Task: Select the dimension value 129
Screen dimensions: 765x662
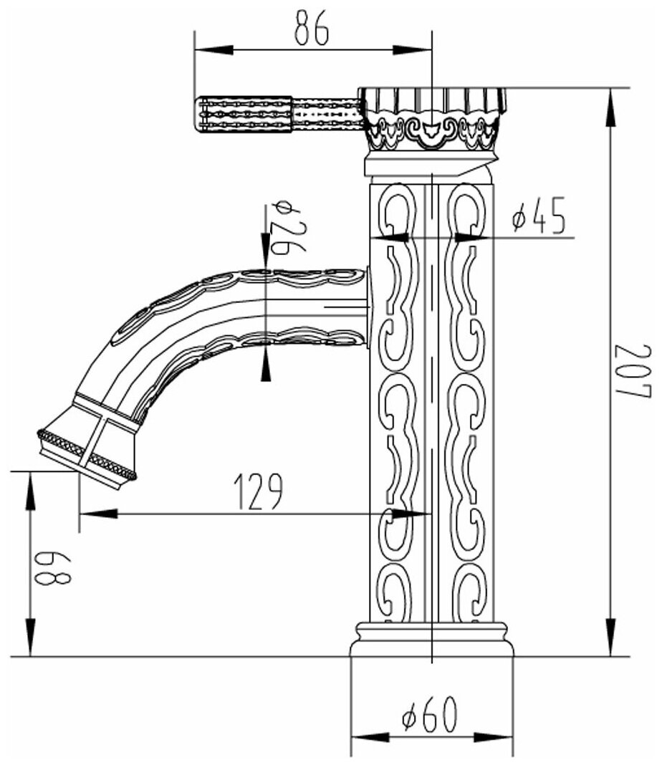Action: [x=259, y=491]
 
